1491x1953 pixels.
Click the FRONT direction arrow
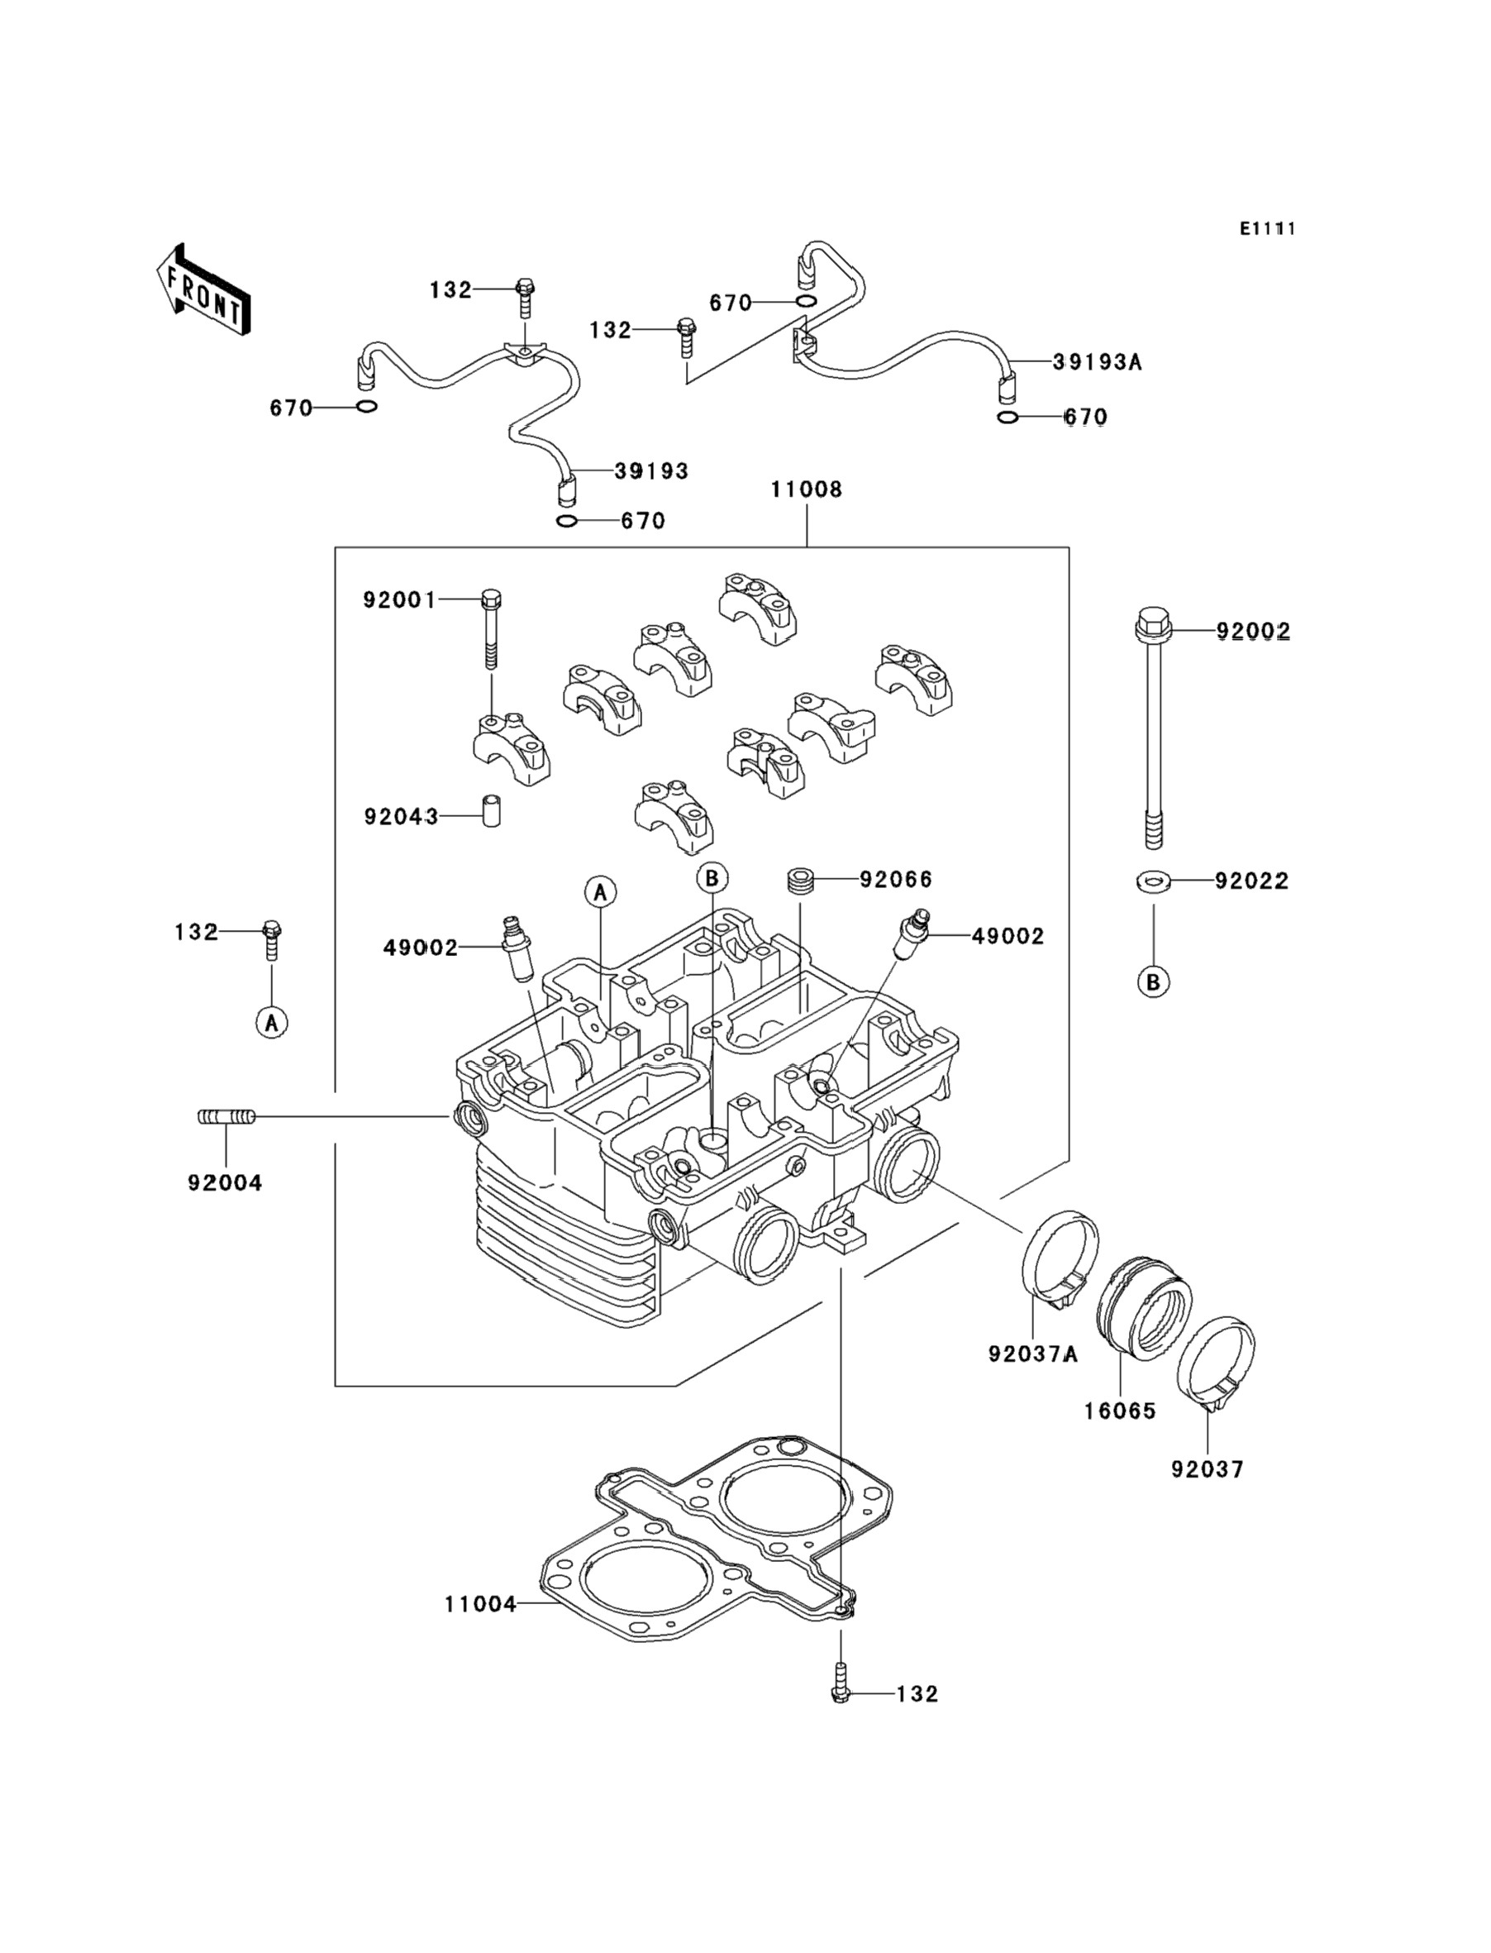point(203,291)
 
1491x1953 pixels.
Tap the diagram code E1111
point(1267,229)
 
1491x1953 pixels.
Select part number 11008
point(806,489)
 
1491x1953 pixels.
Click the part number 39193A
point(1097,362)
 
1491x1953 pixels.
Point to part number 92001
point(399,600)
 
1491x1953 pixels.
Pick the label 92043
point(401,816)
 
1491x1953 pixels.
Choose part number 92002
point(1252,631)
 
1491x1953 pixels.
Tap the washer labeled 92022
point(1153,881)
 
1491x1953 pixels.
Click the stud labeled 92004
point(226,1117)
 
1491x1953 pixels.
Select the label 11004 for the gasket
point(480,1604)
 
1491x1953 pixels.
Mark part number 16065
point(1120,1411)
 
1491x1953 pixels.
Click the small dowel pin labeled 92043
point(491,810)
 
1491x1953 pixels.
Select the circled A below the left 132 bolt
point(272,1023)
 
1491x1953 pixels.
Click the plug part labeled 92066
point(802,882)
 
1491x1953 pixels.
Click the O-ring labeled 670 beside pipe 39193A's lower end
point(1007,418)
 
